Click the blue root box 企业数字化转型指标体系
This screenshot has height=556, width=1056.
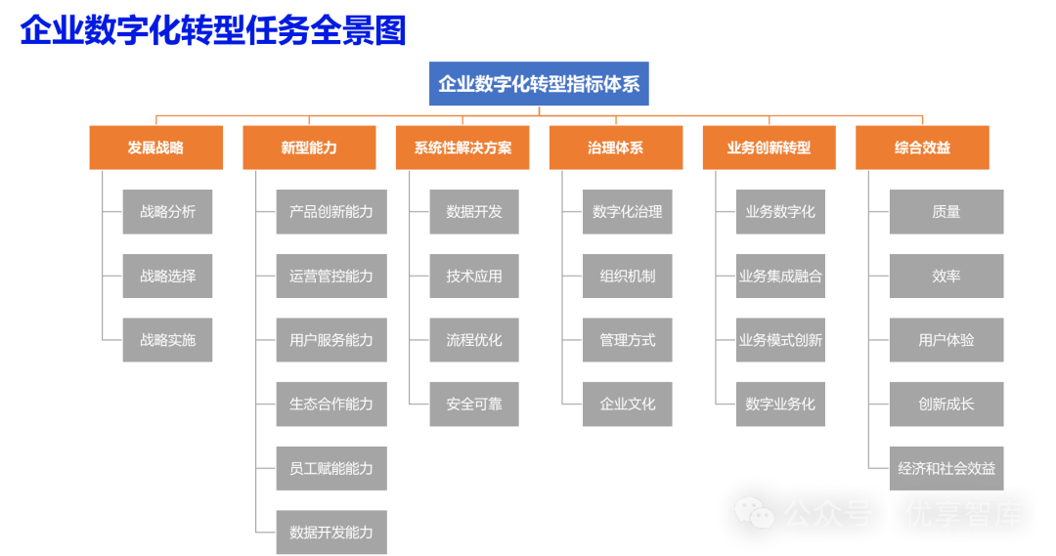538,84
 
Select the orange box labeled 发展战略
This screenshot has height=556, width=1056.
155,148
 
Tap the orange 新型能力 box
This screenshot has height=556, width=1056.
309,148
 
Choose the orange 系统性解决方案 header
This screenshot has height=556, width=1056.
462,148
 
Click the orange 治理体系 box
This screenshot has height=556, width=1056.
615,148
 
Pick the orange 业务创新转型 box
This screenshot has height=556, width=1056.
769,148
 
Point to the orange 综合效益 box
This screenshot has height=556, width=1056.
922,148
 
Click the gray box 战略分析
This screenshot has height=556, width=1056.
167,212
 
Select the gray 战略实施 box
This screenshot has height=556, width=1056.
167,340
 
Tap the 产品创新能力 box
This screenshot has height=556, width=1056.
331,212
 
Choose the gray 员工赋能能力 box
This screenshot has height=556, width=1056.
331,468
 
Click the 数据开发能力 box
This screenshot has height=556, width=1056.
331,532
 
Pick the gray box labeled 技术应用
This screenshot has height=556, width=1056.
474,276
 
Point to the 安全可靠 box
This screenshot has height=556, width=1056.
474,404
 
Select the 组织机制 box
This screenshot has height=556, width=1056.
627,276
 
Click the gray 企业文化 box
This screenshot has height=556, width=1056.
627,404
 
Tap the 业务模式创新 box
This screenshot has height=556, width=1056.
780,340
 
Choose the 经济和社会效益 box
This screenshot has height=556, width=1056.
946,468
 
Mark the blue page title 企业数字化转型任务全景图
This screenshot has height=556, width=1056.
213,30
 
